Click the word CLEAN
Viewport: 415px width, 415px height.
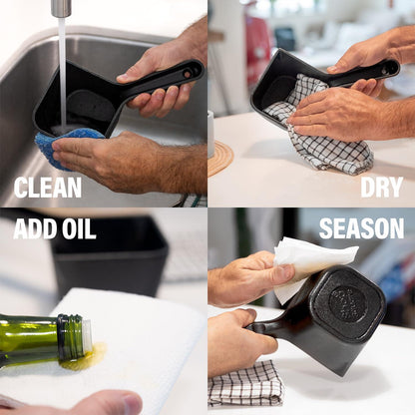[x=48, y=188]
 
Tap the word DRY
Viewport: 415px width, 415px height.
[x=381, y=188]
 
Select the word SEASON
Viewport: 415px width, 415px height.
[x=361, y=228]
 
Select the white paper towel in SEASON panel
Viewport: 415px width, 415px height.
[x=309, y=262]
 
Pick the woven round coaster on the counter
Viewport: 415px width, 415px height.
[x=220, y=159]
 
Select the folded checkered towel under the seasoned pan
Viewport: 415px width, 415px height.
[x=245, y=384]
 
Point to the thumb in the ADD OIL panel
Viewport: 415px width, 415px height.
[x=110, y=403]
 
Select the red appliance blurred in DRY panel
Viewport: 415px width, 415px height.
[x=257, y=43]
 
